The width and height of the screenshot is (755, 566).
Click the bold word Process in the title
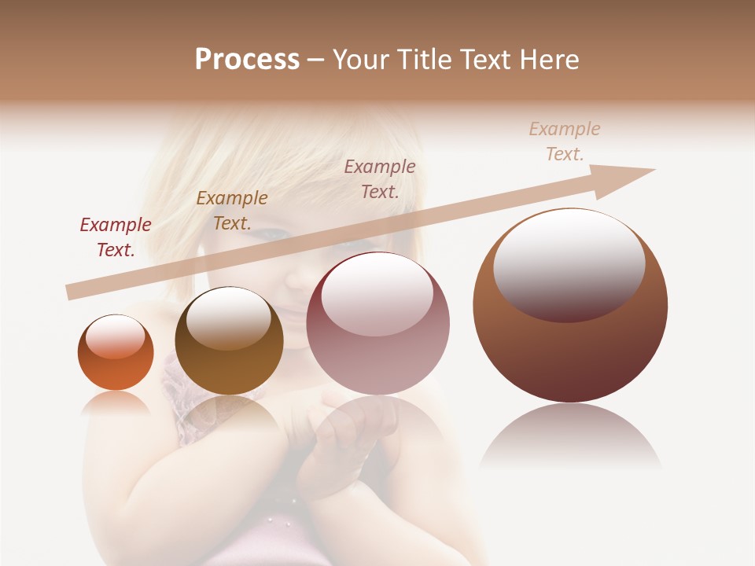247,60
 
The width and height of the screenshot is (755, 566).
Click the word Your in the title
359,60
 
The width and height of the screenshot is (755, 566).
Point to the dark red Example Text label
116,237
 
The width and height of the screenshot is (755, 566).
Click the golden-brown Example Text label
232,211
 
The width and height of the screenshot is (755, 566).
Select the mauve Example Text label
380,178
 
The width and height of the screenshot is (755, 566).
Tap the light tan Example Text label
565,141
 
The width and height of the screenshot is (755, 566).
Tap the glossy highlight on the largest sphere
569,263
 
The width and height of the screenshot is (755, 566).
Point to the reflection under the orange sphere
116,402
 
